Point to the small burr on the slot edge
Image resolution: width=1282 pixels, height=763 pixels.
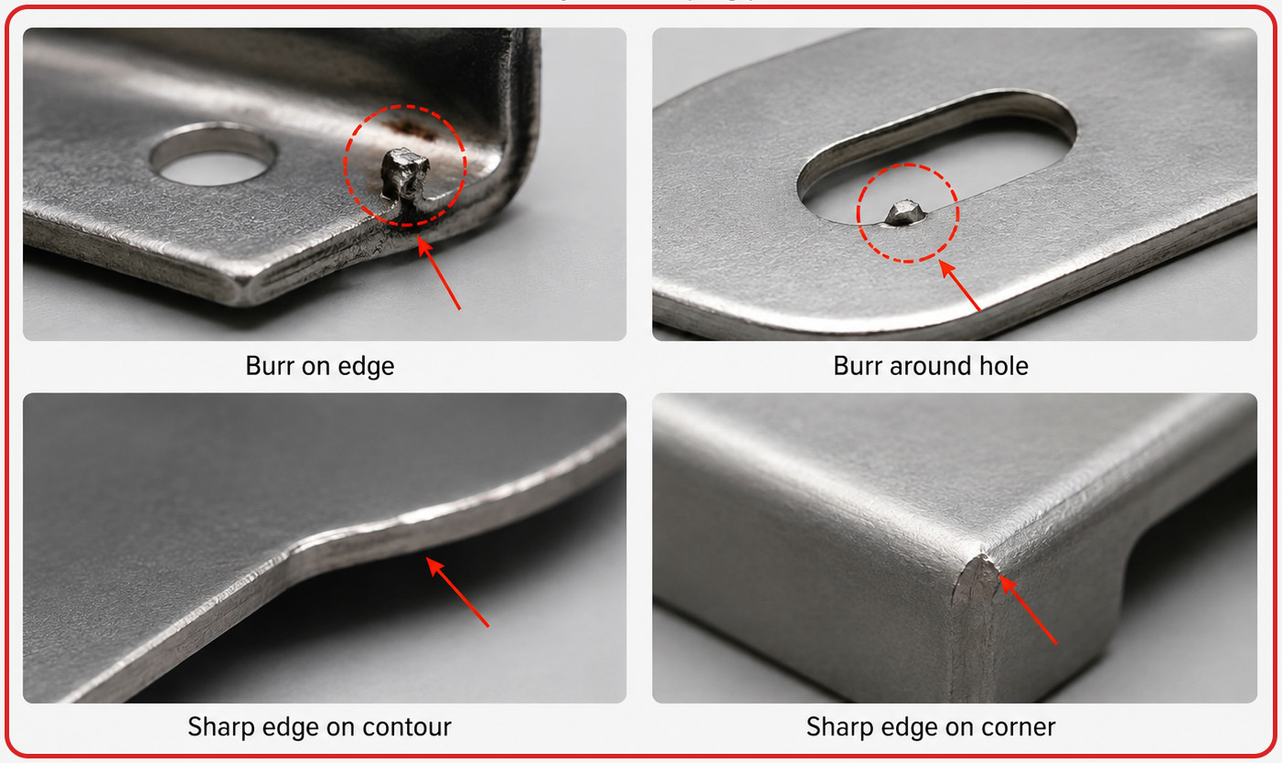tap(905, 212)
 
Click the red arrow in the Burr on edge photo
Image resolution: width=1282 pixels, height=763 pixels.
tap(439, 274)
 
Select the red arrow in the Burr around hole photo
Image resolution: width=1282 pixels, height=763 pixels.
tap(960, 285)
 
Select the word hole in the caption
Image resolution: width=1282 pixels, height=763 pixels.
tap(1003, 365)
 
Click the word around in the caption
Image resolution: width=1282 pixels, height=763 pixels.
tap(931, 365)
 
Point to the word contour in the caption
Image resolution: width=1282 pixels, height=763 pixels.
tap(406, 727)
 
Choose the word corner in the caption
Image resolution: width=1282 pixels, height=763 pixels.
tap(1015, 727)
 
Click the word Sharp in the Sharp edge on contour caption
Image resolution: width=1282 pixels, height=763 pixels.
tap(220, 728)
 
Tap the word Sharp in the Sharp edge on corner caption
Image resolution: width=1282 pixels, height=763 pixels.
tap(839, 728)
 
